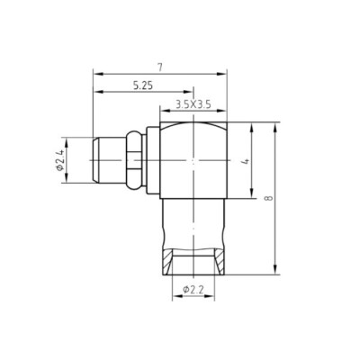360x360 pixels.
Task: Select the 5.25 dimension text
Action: [x=141, y=85]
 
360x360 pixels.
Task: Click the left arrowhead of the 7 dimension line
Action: [x=94, y=75]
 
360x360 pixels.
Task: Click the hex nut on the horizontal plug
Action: [x=132, y=162]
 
